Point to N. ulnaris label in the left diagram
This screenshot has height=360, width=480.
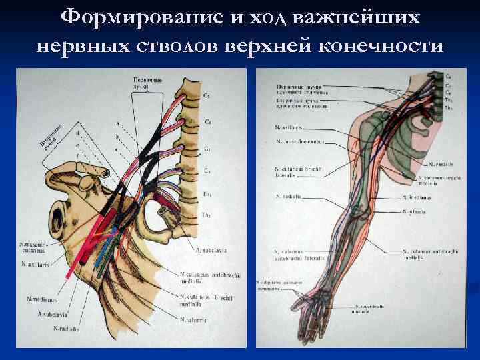pyautogui.click(x=193, y=319)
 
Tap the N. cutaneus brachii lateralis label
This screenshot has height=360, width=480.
pyautogui.click(x=299, y=172)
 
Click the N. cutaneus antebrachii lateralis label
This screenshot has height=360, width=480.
pyautogui.click(x=299, y=254)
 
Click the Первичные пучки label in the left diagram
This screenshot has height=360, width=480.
pyautogui.click(x=145, y=83)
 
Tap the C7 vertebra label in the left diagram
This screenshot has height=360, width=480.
pyautogui.click(x=207, y=148)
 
